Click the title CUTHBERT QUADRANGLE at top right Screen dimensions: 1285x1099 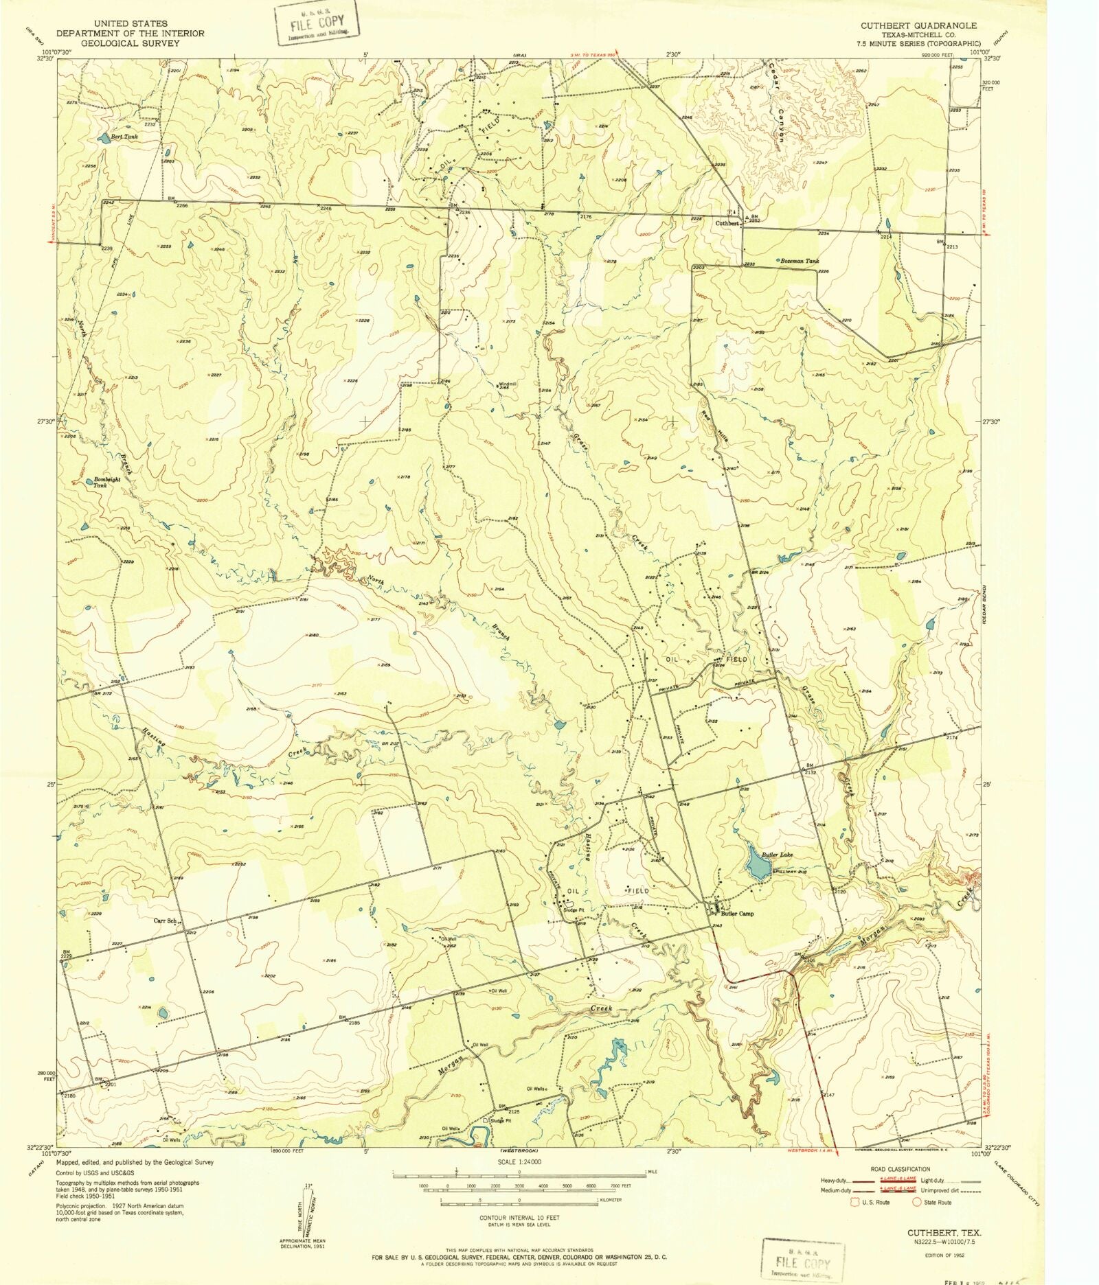[918, 25]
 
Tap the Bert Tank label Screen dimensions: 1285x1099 [124, 137]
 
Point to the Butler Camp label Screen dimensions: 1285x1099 [737, 914]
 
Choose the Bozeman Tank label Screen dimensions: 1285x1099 [800, 262]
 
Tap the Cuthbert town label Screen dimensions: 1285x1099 [727, 224]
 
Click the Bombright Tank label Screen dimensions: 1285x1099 [107, 482]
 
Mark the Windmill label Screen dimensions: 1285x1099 [507, 384]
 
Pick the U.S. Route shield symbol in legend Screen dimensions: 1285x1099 [856, 1202]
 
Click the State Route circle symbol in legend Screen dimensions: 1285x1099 [916, 1202]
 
